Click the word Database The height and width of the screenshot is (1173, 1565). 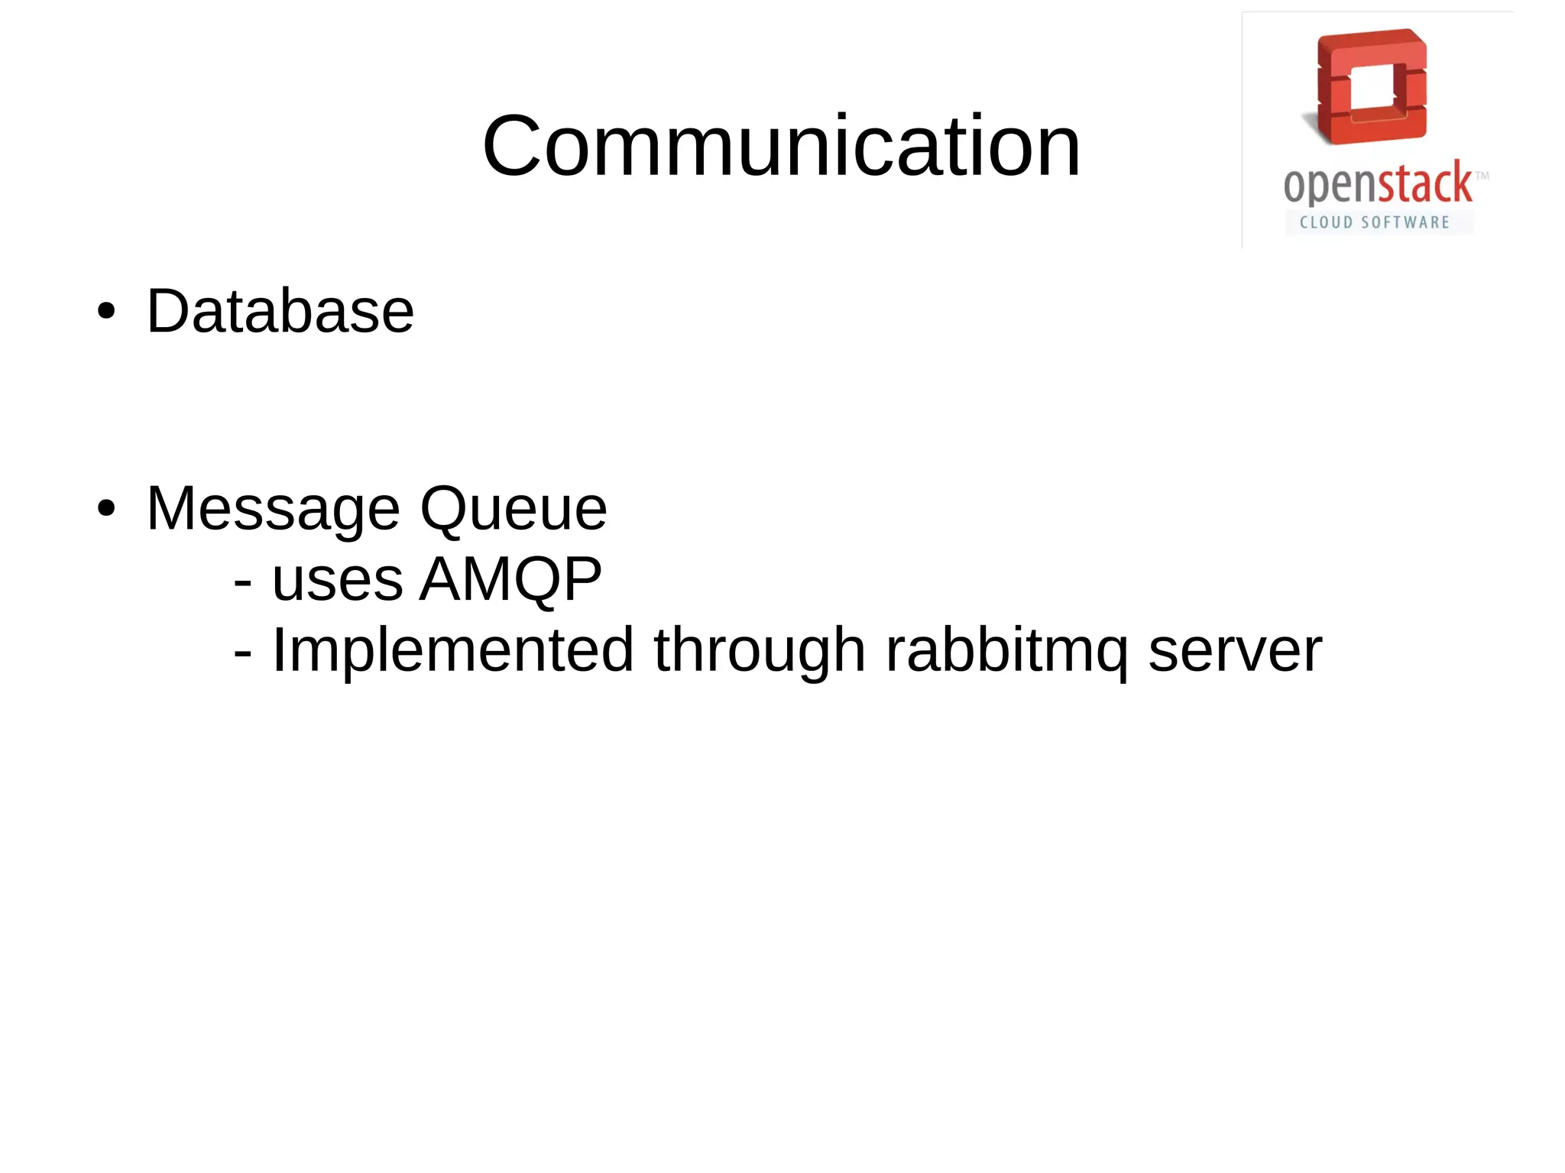point(280,311)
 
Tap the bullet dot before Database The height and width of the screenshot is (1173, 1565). point(106,311)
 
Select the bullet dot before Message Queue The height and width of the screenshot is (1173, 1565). point(106,508)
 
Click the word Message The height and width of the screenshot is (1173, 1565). point(273,508)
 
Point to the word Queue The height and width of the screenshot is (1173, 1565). point(514,508)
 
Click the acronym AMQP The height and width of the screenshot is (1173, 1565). point(510,578)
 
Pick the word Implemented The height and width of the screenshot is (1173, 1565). point(452,650)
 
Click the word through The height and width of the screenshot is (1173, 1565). point(760,650)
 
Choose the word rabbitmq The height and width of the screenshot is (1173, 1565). point(1006,650)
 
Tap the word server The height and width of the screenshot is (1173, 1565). point(1234,650)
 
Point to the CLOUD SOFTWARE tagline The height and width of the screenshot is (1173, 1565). point(1375,222)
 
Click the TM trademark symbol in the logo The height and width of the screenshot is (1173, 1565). point(1481,176)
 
